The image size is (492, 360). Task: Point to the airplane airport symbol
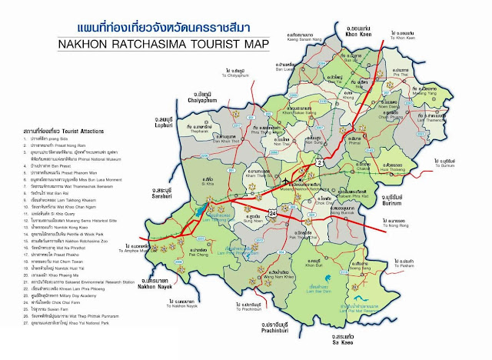[287, 182]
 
